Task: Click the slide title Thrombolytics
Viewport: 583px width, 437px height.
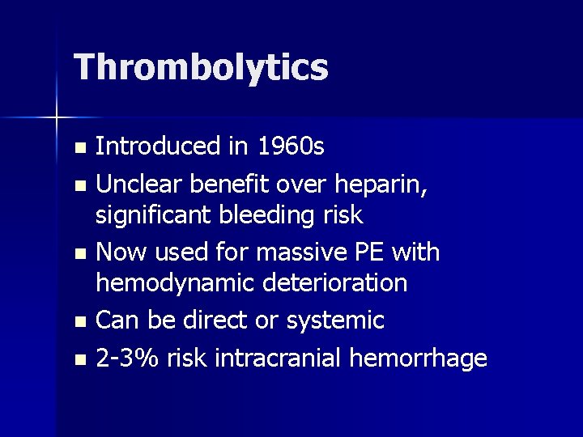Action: [201, 67]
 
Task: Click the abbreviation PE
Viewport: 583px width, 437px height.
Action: [372, 252]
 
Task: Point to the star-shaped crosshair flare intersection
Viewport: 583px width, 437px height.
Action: [57, 118]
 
